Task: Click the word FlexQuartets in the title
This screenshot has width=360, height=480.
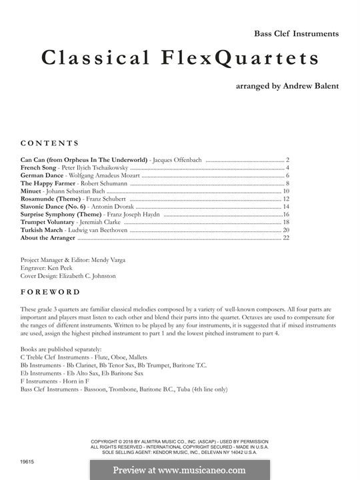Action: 235,59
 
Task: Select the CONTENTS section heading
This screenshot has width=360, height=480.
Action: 50,143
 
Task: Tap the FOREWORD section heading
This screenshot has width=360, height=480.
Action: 51,292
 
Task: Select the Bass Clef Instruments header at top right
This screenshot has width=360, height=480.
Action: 297,33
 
